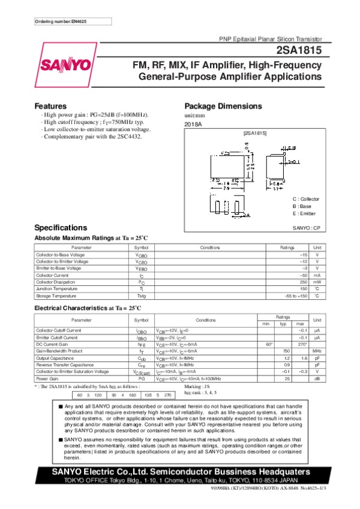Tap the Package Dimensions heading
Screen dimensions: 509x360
(x=224, y=106)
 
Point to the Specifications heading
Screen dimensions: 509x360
(x=62, y=228)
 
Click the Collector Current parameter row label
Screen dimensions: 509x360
(x=52, y=275)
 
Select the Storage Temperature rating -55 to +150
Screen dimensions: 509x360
(x=296, y=296)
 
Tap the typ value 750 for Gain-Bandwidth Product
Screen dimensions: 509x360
(x=287, y=350)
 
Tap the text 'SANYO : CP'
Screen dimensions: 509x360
(x=306, y=228)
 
